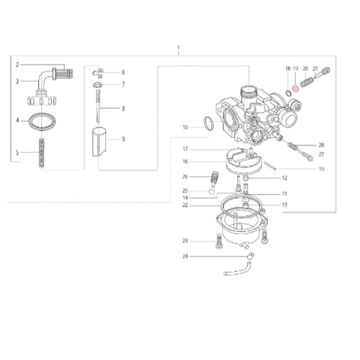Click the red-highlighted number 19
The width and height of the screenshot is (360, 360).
tap(295, 69)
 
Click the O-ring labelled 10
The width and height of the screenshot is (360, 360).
tap(207, 125)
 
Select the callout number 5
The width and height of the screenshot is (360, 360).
tap(17, 152)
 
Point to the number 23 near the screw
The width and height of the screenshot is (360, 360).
tap(185, 241)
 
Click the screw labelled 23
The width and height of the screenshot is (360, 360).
tap(218, 243)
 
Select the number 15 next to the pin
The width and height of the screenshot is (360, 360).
tap(321, 169)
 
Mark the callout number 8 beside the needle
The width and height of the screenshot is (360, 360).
tap(123, 108)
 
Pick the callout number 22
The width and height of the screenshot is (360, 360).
tap(186, 205)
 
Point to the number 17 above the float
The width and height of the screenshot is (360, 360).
tap(186, 149)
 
